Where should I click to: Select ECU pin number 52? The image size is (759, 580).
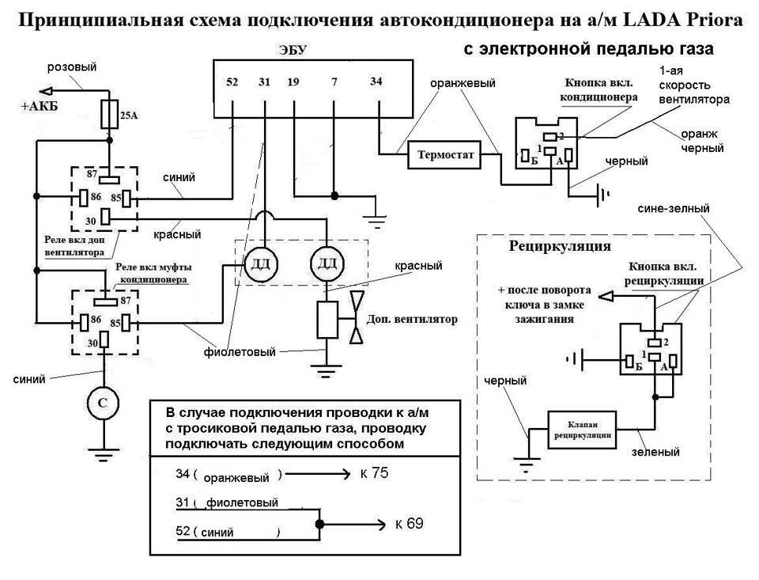[231, 82]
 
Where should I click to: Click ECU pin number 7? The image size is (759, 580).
[334, 82]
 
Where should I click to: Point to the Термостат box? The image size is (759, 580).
[444, 157]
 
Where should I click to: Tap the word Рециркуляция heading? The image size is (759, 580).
[560, 246]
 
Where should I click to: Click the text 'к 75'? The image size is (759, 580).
[376, 473]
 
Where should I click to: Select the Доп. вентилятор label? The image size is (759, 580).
[413, 320]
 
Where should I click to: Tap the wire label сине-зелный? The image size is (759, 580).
[672, 208]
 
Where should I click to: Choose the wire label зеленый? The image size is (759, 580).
[657, 453]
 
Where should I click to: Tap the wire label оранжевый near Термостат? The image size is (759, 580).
[463, 82]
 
